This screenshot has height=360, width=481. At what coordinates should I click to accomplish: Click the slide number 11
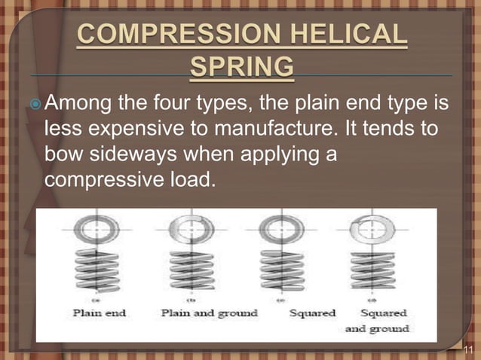click(468, 349)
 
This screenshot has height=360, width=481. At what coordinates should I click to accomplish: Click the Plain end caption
click(100, 313)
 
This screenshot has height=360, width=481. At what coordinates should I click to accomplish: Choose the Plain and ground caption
click(209, 313)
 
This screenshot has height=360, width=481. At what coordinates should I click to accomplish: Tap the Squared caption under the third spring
click(311, 313)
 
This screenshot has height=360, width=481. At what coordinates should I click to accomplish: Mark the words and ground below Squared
click(377, 328)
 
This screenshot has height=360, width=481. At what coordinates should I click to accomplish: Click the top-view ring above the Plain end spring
click(97, 227)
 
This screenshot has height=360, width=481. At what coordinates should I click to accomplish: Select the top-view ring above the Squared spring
click(282, 227)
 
